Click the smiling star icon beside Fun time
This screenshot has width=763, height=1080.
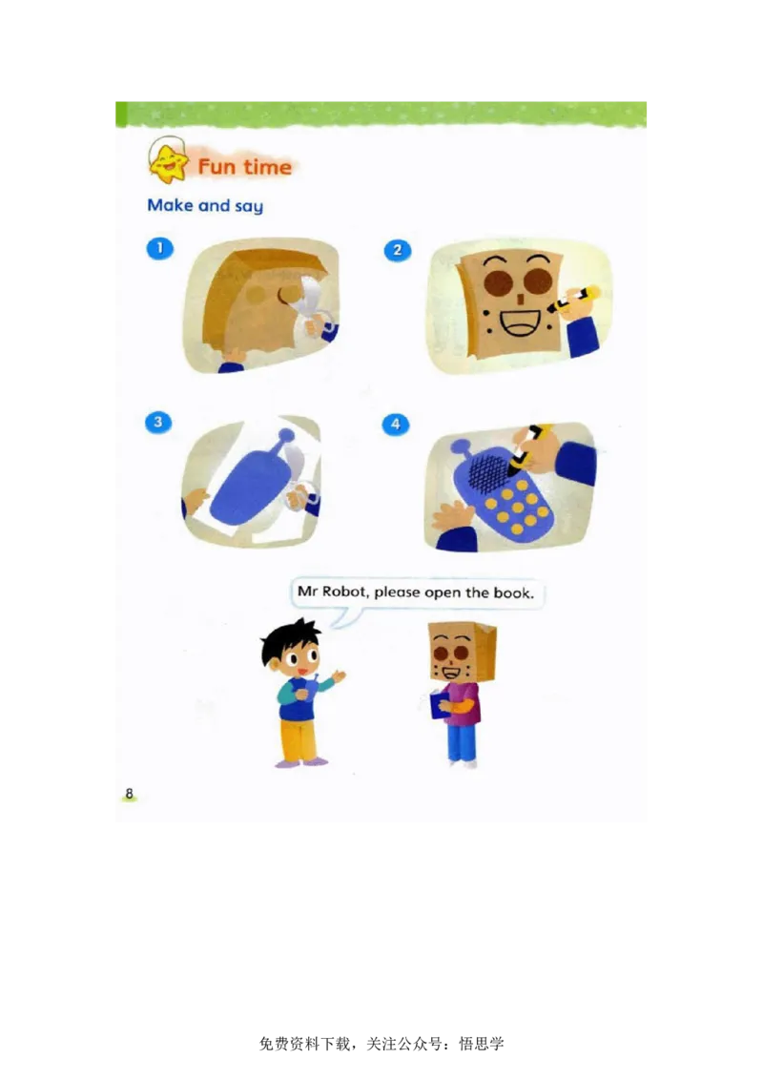click(x=168, y=160)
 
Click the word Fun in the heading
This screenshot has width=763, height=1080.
click(x=217, y=167)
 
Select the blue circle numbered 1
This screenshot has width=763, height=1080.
click(x=160, y=248)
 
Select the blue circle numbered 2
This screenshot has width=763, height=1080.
click(x=398, y=250)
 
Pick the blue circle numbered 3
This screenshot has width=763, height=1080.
click(x=158, y=423)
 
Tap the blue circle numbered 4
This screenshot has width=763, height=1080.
click(x=395, y=425)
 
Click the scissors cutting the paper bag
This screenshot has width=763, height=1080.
click(x=311, y=306)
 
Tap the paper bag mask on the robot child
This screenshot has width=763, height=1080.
click(x=461, y=652)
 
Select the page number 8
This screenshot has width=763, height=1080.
click(x=129, y=794)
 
